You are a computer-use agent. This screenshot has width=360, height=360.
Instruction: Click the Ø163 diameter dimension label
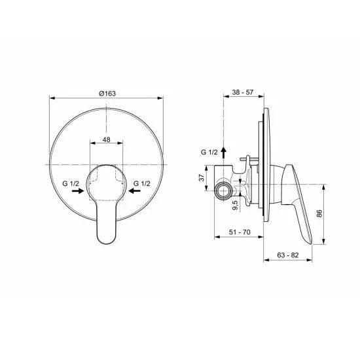pos(107,94)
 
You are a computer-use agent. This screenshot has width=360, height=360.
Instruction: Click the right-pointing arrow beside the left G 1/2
pos(77,192)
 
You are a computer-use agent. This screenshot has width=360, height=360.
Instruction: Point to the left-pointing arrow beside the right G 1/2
pos(135,192)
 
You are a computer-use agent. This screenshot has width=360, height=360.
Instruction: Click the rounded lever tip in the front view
pos(107,238)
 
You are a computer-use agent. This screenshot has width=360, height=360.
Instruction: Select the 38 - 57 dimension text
pos(243,94)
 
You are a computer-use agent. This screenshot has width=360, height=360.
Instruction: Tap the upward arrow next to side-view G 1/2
pos(224,152)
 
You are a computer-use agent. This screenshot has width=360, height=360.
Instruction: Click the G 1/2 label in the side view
pos(209,152)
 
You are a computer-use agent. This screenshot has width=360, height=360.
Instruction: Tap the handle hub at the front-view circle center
pos(106,179)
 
